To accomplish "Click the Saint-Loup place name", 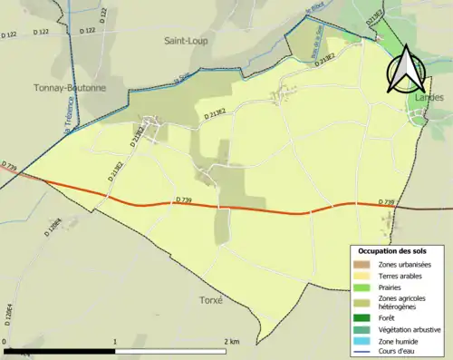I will tap(184, 41).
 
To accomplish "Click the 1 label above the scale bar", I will tap(115, 341).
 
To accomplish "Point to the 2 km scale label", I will tap(231, 341).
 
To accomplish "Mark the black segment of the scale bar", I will tap(60, 349).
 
